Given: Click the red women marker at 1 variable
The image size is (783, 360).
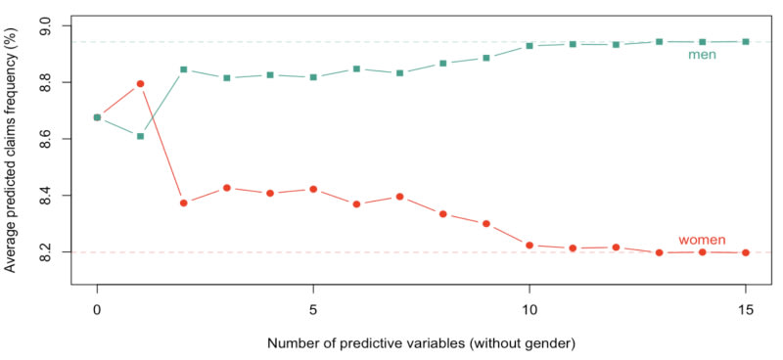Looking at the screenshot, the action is pyautogui.click(x=140, y=83).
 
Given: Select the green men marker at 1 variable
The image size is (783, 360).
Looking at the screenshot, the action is pyautogui.click(x=140, y=136).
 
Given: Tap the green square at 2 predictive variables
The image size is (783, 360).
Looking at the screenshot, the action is pyautogui.click(x=184, y=69).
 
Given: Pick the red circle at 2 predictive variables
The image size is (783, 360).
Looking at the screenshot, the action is pyautogui.click(x=184, y=202).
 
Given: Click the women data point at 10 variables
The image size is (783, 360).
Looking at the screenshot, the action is pyautogui.click(x=530, y=246).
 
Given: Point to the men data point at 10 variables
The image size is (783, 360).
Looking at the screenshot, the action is pyautogui.click(x=530, y=45).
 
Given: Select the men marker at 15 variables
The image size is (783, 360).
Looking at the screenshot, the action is pyautogui.click(x=746, y=41).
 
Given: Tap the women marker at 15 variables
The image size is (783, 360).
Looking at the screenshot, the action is pyautogui.click(x=746, y=252).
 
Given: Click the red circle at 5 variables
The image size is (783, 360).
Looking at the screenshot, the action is pyautogui.click(x=313, y=189).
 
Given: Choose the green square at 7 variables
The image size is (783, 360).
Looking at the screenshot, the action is pyautogui.click(x=399, y=73).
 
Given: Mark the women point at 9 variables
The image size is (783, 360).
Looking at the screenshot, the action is pyautogui.click(x=485, y=223).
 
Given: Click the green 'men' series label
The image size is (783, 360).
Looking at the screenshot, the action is pyautogui.click(x=702, y=55).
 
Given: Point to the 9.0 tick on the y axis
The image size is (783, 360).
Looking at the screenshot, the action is pyautogui.click(x=51, y=25).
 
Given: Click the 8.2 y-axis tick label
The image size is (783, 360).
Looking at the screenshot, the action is pyautogui.click(x=51, y=252).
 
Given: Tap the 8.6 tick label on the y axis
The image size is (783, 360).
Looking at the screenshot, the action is pyautogui.click(x=51, y=139).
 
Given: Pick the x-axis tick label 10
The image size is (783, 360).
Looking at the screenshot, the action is pyautogui.click(x=530, y=309).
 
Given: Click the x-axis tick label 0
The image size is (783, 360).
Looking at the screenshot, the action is pyautogui.click(x=97, y=309).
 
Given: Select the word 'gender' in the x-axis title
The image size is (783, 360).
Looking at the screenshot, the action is pyautogui.click(x=552, y=344).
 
